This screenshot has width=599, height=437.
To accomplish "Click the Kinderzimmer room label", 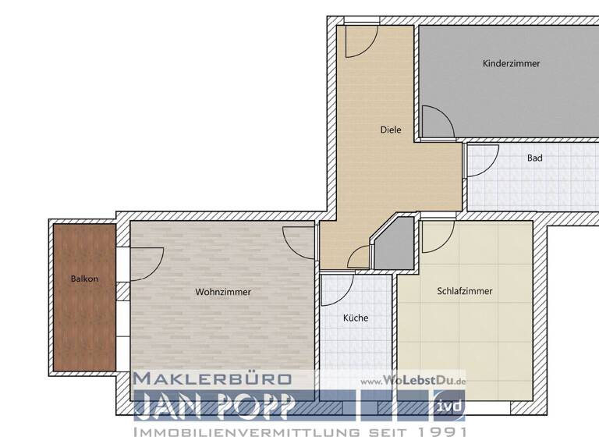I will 511,64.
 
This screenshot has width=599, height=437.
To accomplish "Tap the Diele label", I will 391,130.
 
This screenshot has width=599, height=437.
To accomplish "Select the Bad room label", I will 534,158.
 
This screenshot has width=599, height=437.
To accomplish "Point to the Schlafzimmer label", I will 465,291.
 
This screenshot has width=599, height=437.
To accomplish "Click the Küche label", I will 356,318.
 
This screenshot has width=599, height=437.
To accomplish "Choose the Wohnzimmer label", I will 223,292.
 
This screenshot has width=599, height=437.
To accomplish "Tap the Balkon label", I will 84,279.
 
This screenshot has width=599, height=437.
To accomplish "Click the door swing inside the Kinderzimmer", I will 434,123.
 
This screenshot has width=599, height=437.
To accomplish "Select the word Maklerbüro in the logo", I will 212,379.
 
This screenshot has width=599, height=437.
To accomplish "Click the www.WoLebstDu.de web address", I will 413,380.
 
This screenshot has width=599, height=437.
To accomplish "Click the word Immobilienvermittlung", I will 244,431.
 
